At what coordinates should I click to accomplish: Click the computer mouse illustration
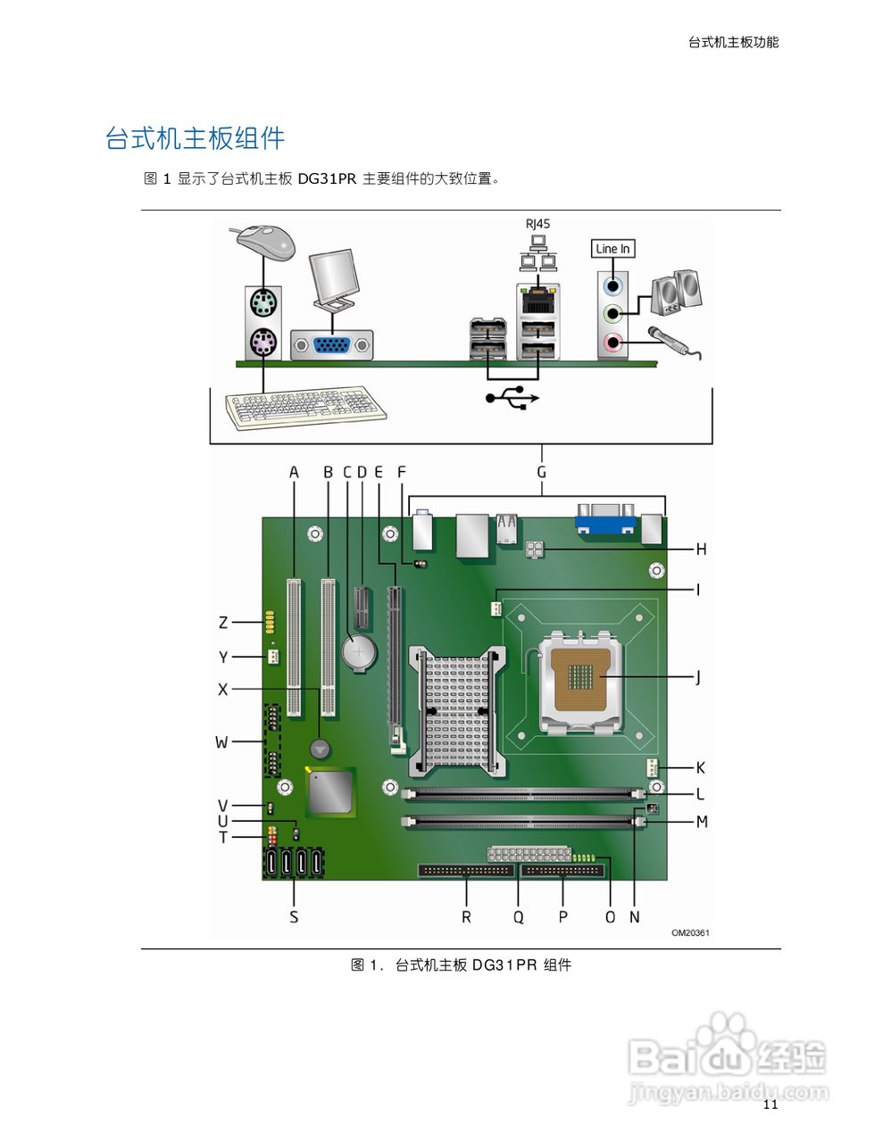tap(266, 241)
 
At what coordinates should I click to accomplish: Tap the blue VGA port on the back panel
tap(331, 345)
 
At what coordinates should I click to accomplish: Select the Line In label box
tap(612, 249)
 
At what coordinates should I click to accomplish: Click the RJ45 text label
tap(537, 224)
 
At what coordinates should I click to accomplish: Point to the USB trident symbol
tap(512, 397)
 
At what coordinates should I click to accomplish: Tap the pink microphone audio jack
tap(612, 342)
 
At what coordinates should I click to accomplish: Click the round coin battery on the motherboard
tap(360, 653)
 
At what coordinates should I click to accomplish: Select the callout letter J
tap(698, 678)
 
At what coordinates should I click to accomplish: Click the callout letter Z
tap(223, 623)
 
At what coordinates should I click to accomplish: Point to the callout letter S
tap(294, 916)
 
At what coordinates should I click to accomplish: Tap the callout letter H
tap(701, 550)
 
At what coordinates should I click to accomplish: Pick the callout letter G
tap(541, 472)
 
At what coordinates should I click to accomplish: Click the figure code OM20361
tap(690, 933)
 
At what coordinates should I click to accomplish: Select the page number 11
tap(771, 1105)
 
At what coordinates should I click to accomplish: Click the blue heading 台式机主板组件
tap(195, 138)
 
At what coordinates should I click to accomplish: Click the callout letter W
tap(221, 742)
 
